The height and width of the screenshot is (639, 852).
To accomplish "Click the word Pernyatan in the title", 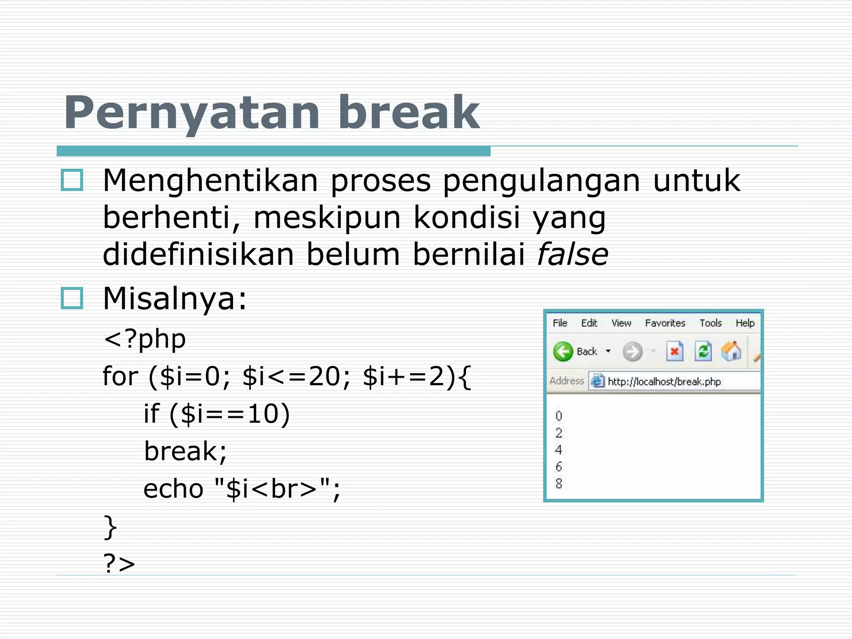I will pyautogui.click(x=192, y=113).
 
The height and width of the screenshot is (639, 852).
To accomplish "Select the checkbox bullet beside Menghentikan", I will pyautogui.click(x=72, y=180).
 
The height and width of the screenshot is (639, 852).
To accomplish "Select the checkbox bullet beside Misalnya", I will pyautogui.click(x=72, y=298).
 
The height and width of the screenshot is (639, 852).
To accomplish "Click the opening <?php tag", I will pyautogui.click(x=145, y=339).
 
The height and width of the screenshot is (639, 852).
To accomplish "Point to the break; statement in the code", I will pyautogui.click(x=186, y=451).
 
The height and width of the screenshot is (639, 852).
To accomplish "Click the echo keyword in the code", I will pyautogui.click(x=173, y=488).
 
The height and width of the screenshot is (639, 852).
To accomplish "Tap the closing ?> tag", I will pyautogui.click(x=119, y=563).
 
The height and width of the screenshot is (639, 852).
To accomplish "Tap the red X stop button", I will pyautogui.click(x=674, y=352).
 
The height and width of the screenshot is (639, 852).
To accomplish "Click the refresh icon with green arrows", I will pyautogui.click(x=703, y=352).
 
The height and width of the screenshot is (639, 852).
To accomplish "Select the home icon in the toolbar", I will pyautogui.click(x=731, y=352).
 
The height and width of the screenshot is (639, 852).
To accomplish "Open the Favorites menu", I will pyautogui.click(x=665, y=323).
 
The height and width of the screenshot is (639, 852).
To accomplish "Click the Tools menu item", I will pyautogui.click(x=710, y=323).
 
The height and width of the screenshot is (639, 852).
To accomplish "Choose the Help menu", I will pyautogui.click(x=745, y=323).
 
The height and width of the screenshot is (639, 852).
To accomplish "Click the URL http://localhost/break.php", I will pyautogui.click(x=664, y=381).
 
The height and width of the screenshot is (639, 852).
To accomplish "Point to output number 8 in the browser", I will pyautogui.click(x=559, y=483).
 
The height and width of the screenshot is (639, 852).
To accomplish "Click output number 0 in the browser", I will pyautogui.click(x=559, y=416).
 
